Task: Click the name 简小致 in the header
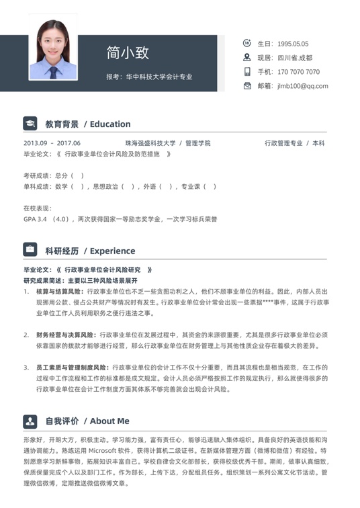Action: click(128, 52)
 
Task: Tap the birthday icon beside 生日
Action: click(246, 43)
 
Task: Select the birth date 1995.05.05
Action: click(292, 44)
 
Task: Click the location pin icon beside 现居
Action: click(246, 57)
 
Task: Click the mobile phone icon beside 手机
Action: click(246, 71)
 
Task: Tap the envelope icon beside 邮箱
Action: click(246, 85)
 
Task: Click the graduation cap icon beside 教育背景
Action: click(30, 124)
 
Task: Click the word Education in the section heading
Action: click(110, 124)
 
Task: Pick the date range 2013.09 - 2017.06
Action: click(52, 143)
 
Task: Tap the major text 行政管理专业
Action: click(283, 143)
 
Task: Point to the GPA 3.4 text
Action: click(35, 219)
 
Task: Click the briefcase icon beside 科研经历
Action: click(30, 250)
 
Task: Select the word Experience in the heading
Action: click(112, 251)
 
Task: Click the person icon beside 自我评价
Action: click(30, 421)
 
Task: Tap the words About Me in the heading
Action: click(109, 421)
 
